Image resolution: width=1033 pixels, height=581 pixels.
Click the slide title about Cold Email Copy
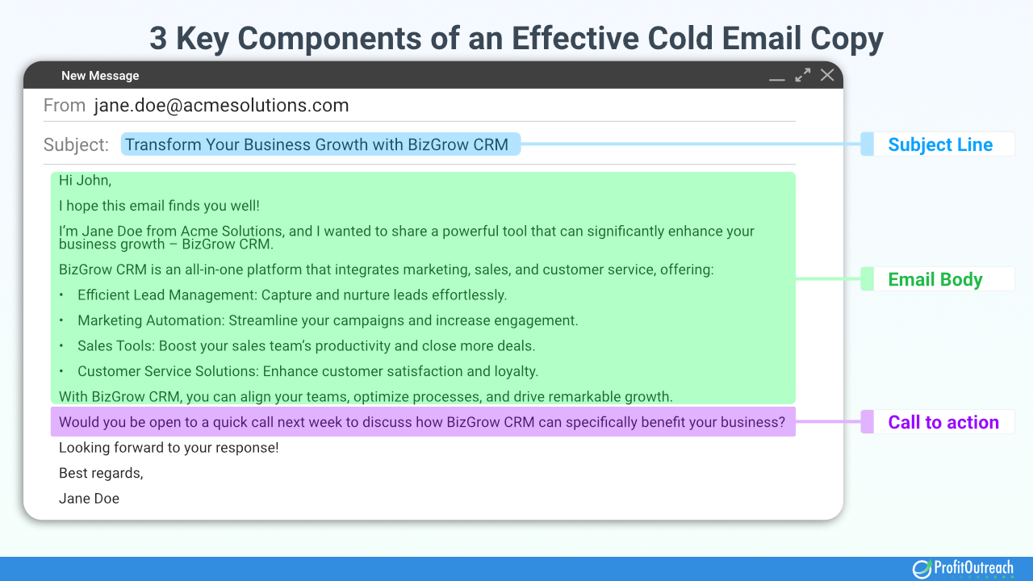(516, 38)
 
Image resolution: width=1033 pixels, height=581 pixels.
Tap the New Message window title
(100, 76)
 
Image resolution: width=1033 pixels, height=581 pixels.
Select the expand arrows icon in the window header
(802, 75)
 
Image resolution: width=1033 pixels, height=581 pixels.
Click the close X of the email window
(827, 75)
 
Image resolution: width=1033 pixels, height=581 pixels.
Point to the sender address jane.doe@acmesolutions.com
(221, 106)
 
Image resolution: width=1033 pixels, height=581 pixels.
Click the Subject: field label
(76, 145)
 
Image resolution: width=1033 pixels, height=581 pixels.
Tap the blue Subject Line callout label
(940, 145)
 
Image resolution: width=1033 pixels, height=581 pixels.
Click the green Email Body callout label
(935, 280)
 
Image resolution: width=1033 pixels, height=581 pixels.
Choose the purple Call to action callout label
(943, 422)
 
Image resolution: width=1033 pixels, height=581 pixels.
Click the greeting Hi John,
(85, 181)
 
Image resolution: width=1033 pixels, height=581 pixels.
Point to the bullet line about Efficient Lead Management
(292, 295)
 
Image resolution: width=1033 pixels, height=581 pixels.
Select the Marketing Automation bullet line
(328, 320)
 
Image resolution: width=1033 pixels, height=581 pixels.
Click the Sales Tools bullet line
(307, 346)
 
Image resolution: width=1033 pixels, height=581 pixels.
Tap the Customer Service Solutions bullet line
(307, 371)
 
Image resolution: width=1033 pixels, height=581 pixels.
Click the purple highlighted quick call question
(422, 422)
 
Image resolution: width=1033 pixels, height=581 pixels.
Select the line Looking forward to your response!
(169, 448)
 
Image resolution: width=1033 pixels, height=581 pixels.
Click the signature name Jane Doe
(89, 499)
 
